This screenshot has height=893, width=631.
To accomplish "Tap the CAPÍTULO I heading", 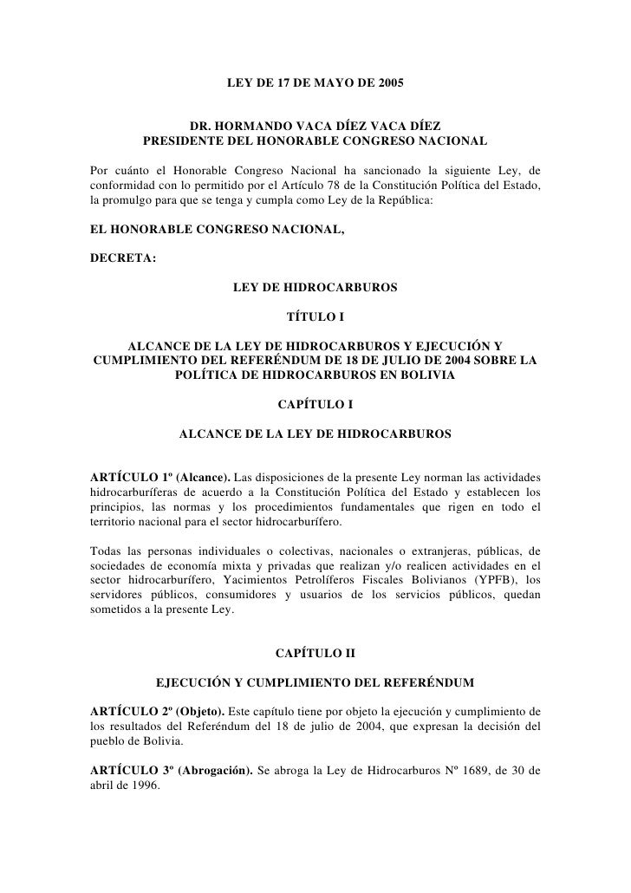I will [315, 403].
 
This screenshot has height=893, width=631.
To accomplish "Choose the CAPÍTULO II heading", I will [315, 651].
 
